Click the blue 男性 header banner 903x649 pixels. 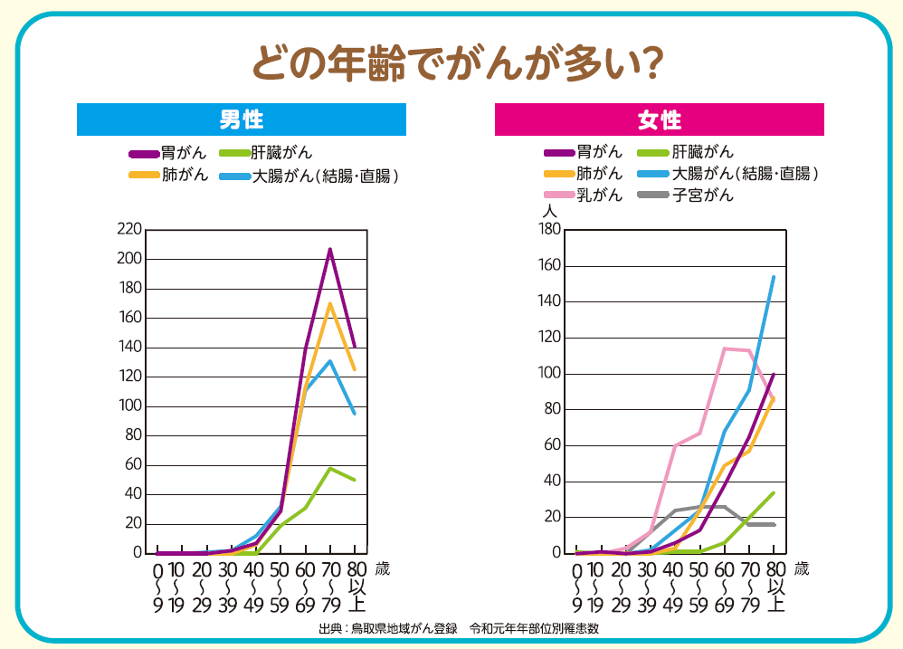click(x=242, y=119)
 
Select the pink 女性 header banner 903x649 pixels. click(x=660, y=119)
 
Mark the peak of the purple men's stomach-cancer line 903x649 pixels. click(x=330, y=249)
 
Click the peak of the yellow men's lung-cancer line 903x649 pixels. click(x=330, y=303)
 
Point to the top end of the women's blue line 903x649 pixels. click(x=774, y=277)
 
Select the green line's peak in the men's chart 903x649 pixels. click(x=330, y=468)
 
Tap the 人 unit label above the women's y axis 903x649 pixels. click(x=548, y=210)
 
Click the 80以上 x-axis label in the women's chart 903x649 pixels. click(x=775, y=587)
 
